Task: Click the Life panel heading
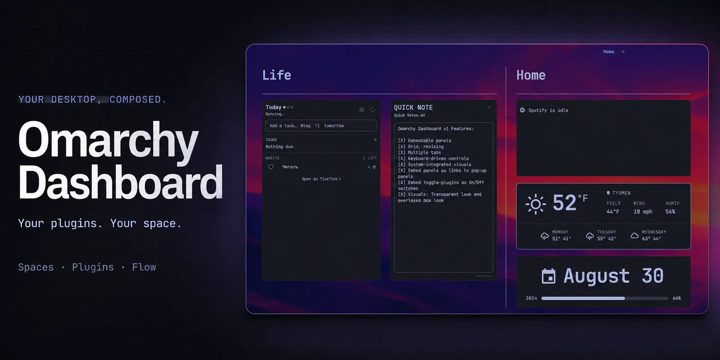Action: pos(276,75)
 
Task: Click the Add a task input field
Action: pos(321,126)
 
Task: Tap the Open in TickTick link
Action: pos(321,179)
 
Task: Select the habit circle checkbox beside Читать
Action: pos(271,166)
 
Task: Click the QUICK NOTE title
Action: pos(414,108)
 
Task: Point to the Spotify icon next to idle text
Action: pos(522,110)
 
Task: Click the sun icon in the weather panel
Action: pos(535,204)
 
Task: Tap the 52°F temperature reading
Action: pos(570,203)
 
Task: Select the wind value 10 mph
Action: pos(643,211)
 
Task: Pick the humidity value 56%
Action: pos(670,211)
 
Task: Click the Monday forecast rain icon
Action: pos(544,236)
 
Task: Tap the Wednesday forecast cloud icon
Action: pos(634,236)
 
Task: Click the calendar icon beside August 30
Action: pos(549,276)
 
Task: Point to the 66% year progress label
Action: pos(677,298)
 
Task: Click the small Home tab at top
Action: pos(608,52)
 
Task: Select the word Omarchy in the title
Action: pos(108,140)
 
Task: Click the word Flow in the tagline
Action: pos(144,267)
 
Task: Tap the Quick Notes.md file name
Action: pos(409,115)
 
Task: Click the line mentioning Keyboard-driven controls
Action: pos(433,158)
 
